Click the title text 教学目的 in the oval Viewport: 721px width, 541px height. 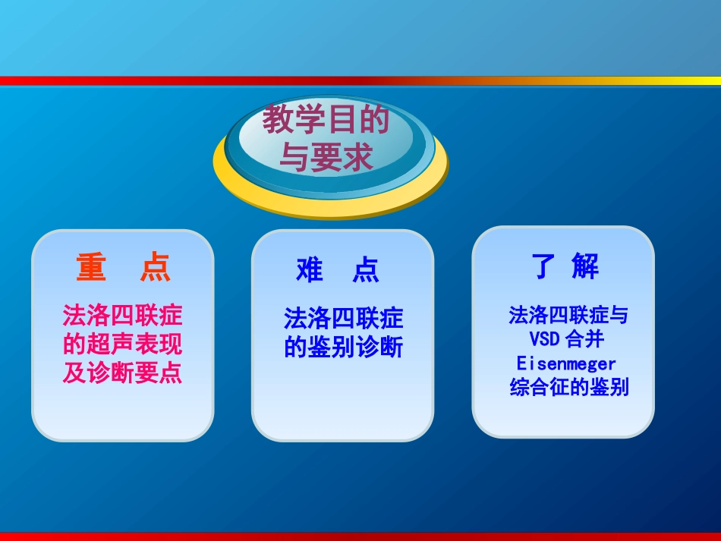click(326, 121)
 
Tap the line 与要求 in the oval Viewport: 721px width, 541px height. click(326, 158)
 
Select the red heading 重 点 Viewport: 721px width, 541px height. click(123, 267)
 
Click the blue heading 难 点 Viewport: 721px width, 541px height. click(338, 270)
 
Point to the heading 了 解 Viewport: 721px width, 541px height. click(565, 266)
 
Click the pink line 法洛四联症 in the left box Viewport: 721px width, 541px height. click(123, 315)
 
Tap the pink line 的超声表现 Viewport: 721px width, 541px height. click(123, 344)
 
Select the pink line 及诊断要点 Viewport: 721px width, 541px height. click(123, 374)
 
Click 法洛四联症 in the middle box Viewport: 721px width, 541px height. click(344, 318)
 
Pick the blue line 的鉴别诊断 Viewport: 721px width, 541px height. click(344, 348)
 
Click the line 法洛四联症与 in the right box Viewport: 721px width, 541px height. click(568, 315)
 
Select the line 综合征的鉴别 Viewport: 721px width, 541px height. click(569, 388)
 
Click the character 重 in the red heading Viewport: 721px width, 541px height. click(90, 267)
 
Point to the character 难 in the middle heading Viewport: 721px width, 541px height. click(310, 270)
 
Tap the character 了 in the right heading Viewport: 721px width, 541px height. click(544, 266)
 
